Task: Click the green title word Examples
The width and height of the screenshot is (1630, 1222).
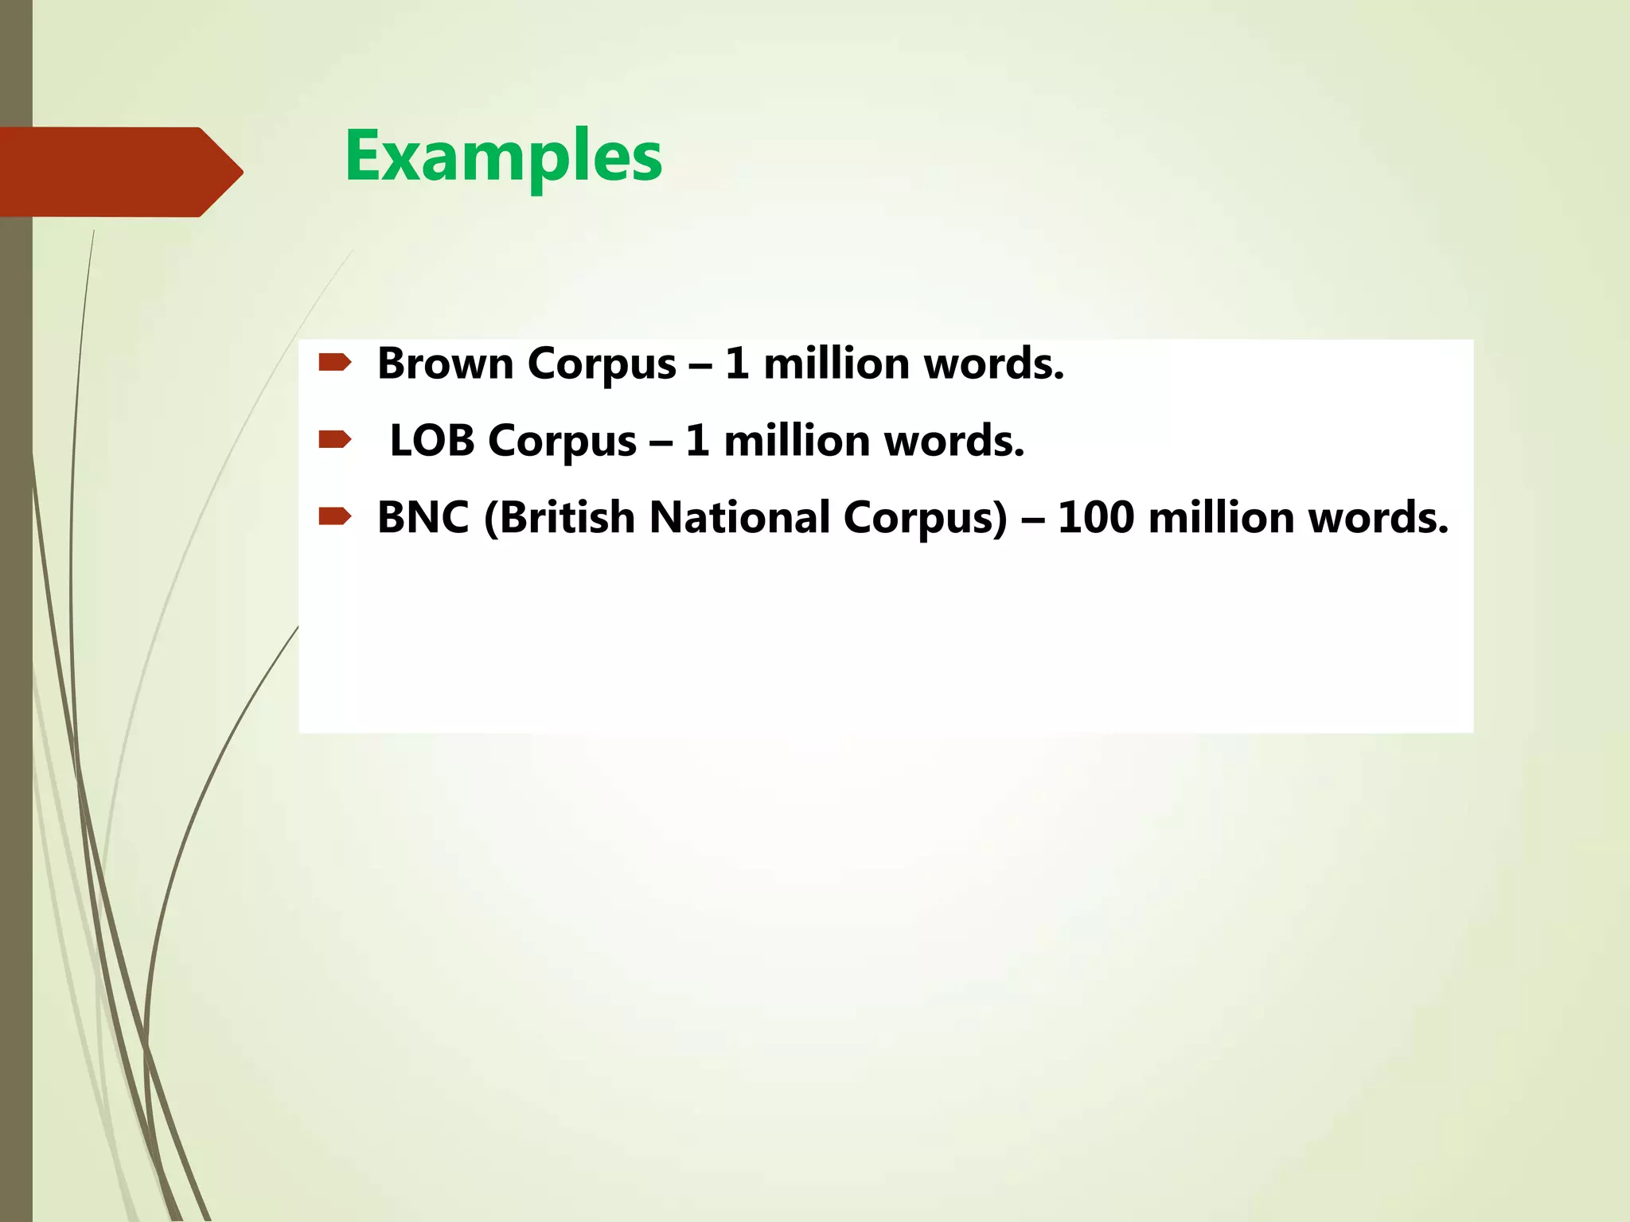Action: click(x=503, y=157)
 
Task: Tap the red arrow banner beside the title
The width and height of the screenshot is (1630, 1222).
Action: click(x=119, y=172)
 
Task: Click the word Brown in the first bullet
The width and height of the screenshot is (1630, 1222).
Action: click(x=445, y=364)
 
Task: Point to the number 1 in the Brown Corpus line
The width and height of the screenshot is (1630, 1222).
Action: click(x=737, y=364)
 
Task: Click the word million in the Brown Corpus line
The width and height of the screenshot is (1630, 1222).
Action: click(x=836, y=364)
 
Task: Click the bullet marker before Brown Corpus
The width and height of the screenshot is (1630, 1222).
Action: click(x=334, y=364)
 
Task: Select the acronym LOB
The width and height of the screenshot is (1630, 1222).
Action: click(x=431, y=441)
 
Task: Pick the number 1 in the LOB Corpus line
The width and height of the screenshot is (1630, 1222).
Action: click(x=697, y=441)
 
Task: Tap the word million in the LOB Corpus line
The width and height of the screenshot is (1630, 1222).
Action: click(x=797, y=441)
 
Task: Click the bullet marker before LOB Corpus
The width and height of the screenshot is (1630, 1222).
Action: click(x=334, y=440)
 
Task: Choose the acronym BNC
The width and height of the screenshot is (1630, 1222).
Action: click(x=423, y=518)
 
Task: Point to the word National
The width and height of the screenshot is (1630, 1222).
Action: click(x=739, y=518)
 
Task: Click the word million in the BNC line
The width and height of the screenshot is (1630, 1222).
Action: click(x=1222, y=518)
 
